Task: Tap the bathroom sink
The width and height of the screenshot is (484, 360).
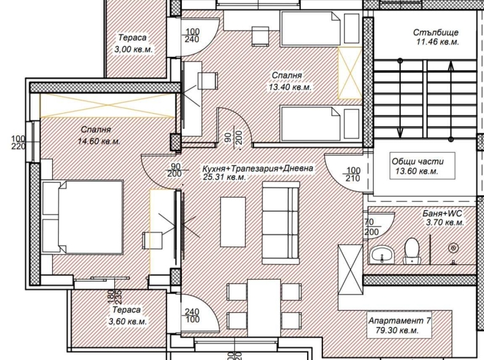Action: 384,254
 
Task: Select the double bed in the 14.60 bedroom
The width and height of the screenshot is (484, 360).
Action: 83,217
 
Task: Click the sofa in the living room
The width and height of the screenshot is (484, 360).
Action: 281,223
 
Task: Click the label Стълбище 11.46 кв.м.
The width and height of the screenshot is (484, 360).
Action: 436,38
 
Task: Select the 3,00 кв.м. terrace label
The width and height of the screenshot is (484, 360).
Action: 132,43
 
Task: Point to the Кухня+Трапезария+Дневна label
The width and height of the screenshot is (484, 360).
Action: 257,169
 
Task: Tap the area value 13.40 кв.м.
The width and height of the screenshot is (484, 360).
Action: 289,87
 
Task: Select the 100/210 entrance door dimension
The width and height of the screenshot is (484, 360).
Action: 352,175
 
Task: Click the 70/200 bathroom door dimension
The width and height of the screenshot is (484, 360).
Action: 370,228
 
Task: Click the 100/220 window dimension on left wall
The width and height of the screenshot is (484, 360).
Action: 18,142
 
